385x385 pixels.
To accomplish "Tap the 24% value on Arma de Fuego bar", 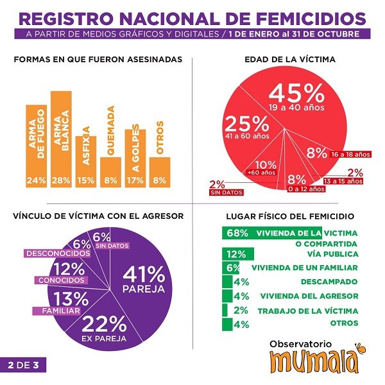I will pos(36,180).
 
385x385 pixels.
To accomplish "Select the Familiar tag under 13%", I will pos(56,311).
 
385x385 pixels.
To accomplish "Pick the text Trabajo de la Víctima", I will pos(307,311).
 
